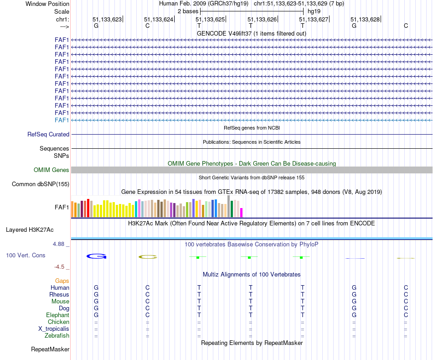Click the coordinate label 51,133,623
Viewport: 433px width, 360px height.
point(107,20)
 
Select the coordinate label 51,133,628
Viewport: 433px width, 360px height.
point(365,20)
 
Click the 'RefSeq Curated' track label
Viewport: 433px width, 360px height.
point(48,135)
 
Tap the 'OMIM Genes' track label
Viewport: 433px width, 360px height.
point(52,170)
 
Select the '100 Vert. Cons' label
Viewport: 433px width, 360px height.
point(26,256)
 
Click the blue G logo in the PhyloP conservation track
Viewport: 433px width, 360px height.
point(96,256)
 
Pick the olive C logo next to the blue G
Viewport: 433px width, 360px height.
point(148,257)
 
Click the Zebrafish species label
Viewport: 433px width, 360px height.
point(57,336)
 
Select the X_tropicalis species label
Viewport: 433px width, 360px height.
point(54,329)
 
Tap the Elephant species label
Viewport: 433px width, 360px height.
point(57,315)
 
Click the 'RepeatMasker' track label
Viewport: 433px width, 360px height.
point(50,350)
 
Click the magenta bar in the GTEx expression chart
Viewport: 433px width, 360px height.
point(242,213)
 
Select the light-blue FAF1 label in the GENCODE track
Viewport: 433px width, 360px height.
point(62,120)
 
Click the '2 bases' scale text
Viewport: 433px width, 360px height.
point(187,11)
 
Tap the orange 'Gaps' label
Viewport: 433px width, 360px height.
point(62,281)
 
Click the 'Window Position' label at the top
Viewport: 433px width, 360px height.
point(47,4)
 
